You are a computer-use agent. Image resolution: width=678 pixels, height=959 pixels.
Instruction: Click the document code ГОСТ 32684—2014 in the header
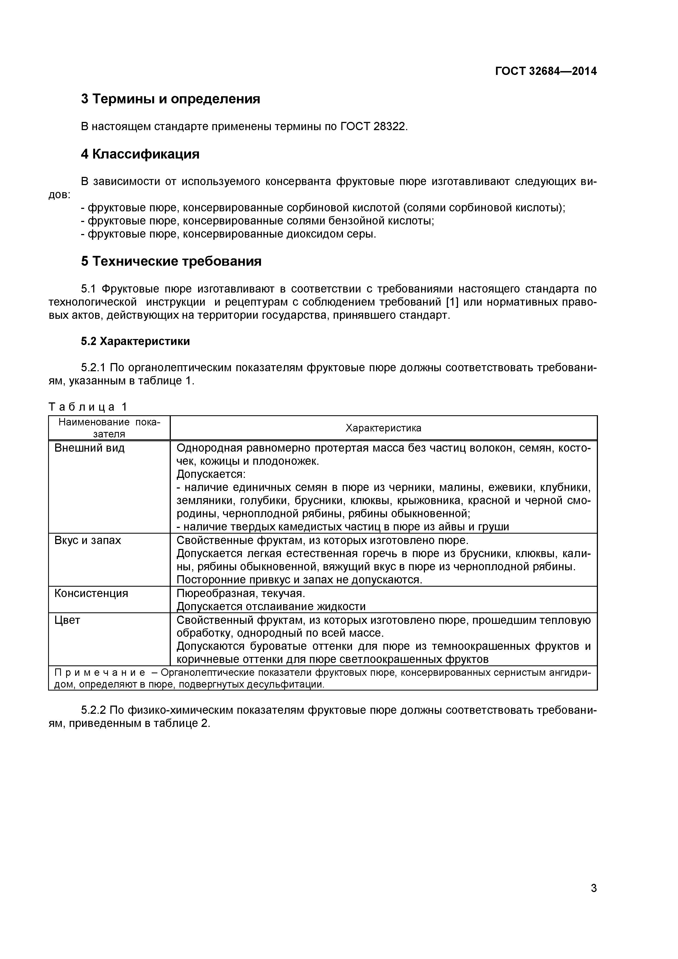click(546, 71)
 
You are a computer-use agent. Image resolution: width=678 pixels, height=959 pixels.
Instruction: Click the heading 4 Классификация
click(140, 154)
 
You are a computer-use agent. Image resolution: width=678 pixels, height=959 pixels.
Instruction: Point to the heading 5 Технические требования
click(171, 261)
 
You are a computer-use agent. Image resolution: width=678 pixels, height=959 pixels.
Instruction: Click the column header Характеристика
click(383, 428)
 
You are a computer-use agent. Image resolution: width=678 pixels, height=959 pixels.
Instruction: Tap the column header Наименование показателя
click(109, 428)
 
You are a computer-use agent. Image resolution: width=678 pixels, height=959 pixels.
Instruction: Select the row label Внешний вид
click(89, 448)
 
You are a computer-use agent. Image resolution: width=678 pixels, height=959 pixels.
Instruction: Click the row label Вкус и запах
click(88, 540)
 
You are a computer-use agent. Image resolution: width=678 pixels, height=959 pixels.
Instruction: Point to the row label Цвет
click(67, 620)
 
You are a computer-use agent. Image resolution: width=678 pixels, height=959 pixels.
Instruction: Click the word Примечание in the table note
click(100, 673)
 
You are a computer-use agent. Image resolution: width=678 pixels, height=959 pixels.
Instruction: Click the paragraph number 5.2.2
click(94, 711)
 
